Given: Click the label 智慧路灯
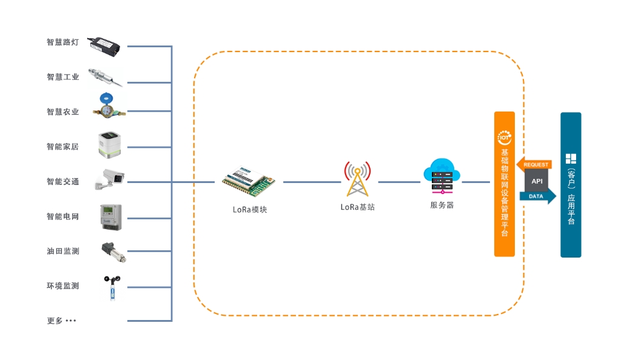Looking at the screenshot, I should (x=62, y=42).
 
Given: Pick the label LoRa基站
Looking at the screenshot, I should (x=358, y=207).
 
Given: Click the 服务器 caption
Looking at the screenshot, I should (x=442, y=205).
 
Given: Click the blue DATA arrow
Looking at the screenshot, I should (x=537, y=196).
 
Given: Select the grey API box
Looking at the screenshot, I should (x=537, y=181).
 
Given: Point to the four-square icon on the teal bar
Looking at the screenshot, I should (x=571, y=159).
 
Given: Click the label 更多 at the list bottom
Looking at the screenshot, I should (x=55, y=321).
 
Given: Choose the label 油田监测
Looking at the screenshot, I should (x=62, y=251).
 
